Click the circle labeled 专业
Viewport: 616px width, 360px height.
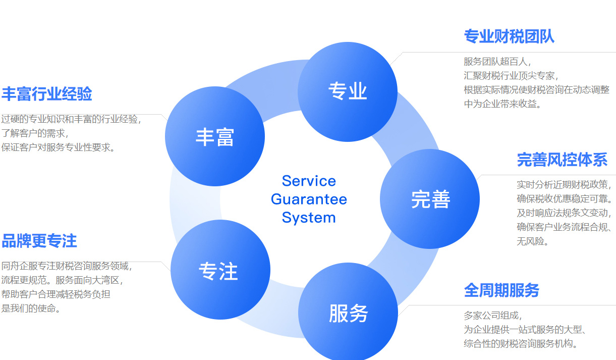[x=348, y=91]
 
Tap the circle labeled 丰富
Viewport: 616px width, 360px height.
[x=215, y=136]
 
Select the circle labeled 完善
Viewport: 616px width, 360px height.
[x=430, y=199]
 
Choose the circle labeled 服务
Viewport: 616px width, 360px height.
[x=348, y=313]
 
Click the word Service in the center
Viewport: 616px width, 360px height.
[x=309, y=181]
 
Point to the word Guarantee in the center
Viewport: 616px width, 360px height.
[x=309, y=199]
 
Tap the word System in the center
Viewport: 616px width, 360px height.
[x=309, y=218]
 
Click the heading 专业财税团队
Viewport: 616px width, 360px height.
[x=509, y=37]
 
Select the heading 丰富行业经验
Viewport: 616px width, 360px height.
[x=47, y=94]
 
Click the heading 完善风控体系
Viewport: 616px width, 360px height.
[x=562, y=160]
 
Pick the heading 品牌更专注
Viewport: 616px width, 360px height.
[x=39, y=241]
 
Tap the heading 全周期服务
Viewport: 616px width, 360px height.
[x=501, y=290]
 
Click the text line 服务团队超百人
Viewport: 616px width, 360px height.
[x=496, y=62]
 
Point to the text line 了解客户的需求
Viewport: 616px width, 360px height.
[x=34, y=133]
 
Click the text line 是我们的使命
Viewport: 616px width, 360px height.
[x=31, y=308]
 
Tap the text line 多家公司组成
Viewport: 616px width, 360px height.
[x=492, y=316]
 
